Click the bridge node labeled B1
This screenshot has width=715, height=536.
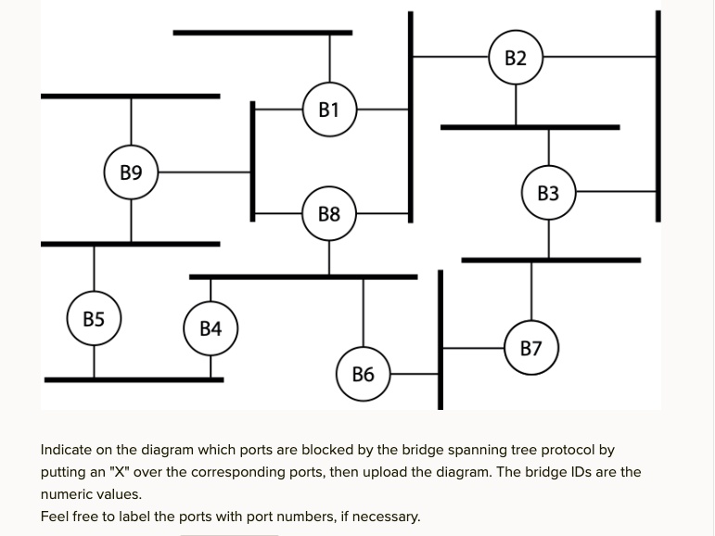[329, 110]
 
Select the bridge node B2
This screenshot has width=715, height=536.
[516, 58]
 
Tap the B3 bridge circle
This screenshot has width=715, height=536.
[548, 194]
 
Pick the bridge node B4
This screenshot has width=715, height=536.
[211, 328]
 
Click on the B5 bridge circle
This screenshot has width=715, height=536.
[94, 320]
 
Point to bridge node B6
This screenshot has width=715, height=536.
[363, 375]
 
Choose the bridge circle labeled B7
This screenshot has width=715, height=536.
[530, 349]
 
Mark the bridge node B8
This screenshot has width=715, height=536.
[329, 214]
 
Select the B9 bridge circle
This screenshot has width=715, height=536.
[131, 172]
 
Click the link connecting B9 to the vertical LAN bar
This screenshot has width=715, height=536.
[204, 172]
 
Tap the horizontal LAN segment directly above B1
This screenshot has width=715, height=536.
[262, 33]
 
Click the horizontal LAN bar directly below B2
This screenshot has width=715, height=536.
[529, 127]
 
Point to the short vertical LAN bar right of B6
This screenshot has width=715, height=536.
[440, 339]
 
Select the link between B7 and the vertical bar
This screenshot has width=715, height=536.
[473, 349]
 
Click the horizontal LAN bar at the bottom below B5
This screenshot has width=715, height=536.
[134, 379]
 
